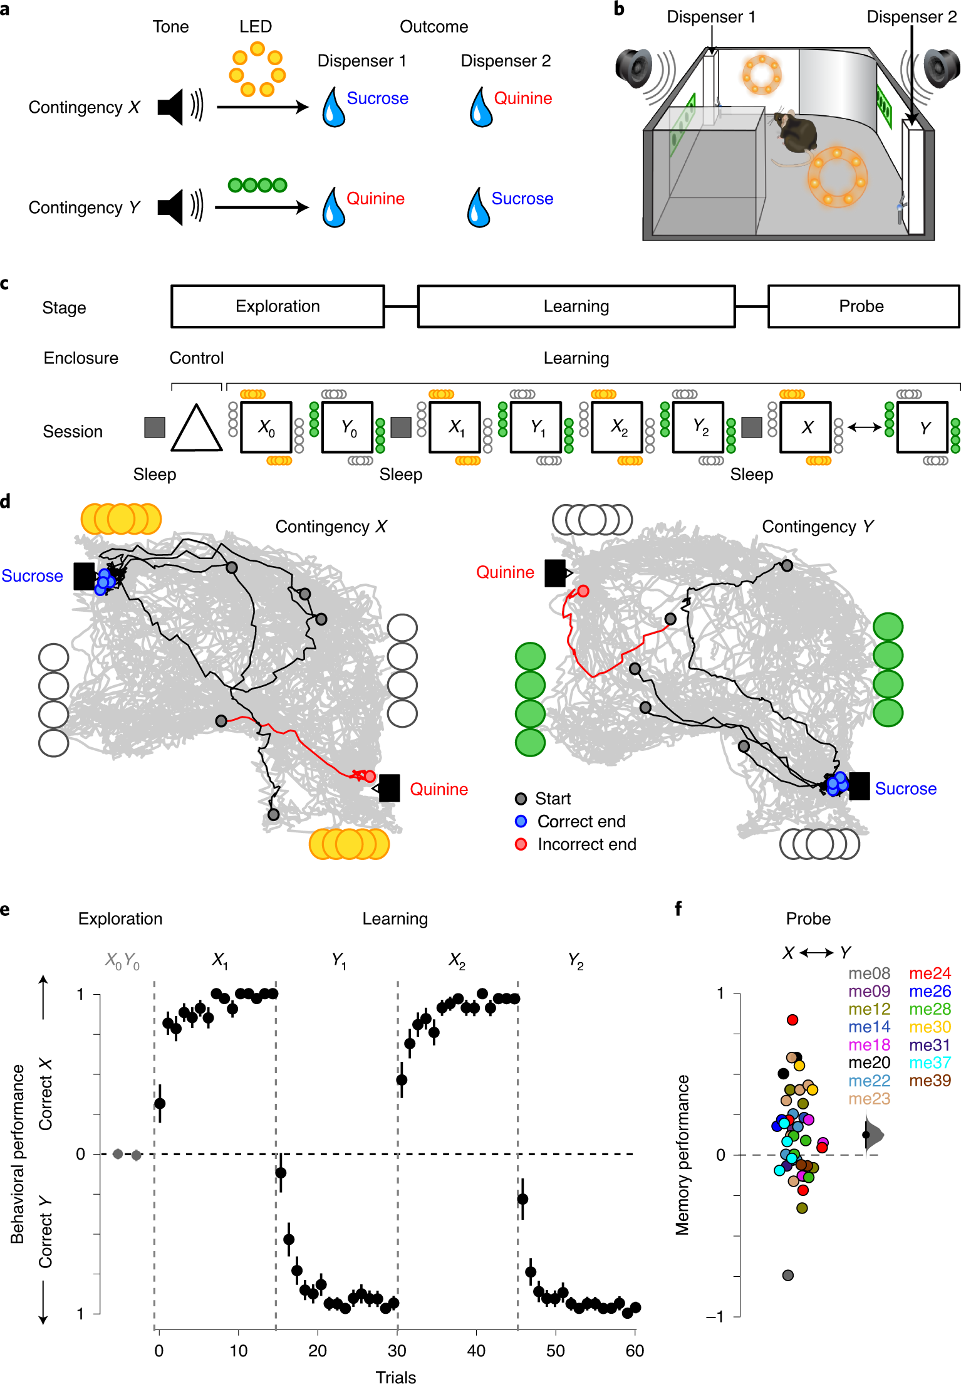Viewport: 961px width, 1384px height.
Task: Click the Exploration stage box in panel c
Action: [278, 307]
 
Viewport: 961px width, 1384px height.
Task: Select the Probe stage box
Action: [863, 307]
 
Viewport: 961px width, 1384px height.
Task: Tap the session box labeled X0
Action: [266, 427]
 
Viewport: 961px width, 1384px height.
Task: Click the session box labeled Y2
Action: [699, 427]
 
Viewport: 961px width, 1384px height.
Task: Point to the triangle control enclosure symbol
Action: [197, 429]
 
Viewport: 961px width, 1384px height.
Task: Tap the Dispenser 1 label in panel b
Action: [711, 17]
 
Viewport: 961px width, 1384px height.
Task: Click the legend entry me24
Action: [930, 973]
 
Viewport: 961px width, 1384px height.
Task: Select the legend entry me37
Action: [930, 1062]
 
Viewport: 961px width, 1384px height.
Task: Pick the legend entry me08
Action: [869, 973]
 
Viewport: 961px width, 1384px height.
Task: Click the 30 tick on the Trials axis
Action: [397, 1351]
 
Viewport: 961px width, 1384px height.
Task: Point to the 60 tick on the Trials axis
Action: [635, 1351]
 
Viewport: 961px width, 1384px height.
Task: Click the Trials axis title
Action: [396, 1376]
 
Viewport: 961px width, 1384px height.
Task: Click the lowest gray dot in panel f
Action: [788, 1275]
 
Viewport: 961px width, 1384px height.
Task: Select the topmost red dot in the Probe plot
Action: [792, 1020]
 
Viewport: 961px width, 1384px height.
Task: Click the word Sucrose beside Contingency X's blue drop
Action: [377, 98]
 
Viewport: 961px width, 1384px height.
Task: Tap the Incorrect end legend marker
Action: [521, 844]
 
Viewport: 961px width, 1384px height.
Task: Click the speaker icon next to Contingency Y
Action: [171, 207]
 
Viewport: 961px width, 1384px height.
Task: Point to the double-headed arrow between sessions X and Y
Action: [865, 427]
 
